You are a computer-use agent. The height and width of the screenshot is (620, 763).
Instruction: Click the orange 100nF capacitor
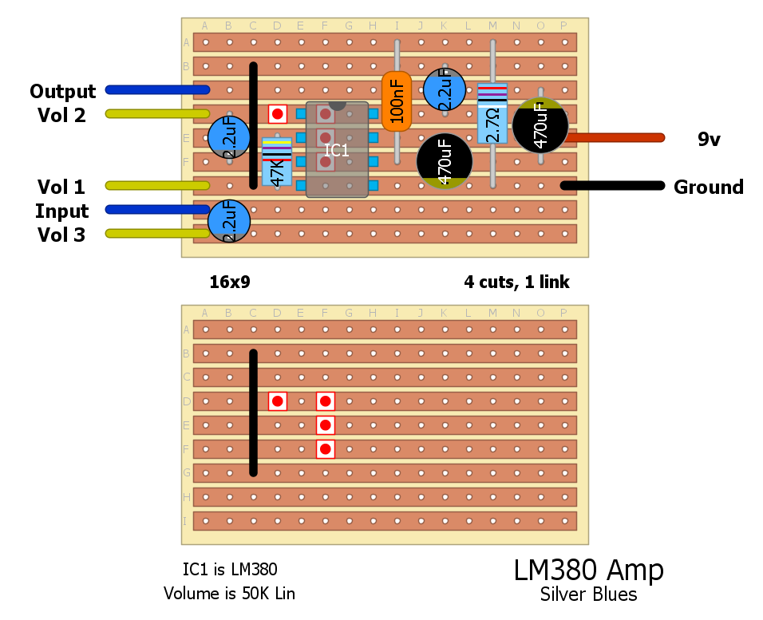click(396, 101)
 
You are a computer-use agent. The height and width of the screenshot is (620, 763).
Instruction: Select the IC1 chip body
click(337, 150)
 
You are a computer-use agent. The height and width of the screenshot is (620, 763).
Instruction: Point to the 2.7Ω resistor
click(492, 113)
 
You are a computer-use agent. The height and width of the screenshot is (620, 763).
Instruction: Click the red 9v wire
click(615, 137)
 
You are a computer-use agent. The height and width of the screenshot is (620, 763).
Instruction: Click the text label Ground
click(708, 188)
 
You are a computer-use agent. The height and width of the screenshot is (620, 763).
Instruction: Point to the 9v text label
click(709, 140)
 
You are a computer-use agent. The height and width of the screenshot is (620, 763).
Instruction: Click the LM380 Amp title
click(588, 571)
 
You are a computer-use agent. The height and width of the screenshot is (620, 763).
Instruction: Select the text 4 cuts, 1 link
click(516, 282)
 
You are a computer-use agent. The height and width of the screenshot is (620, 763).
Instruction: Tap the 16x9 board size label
click(230, 282)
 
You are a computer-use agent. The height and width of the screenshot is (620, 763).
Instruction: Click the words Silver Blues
click(588, 594)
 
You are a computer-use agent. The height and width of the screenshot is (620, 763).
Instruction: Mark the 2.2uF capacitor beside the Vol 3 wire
click(229, 221)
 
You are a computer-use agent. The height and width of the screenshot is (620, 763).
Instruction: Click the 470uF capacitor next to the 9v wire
click(540, 124)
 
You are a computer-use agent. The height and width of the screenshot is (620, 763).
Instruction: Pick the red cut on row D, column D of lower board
click(277, 401)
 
